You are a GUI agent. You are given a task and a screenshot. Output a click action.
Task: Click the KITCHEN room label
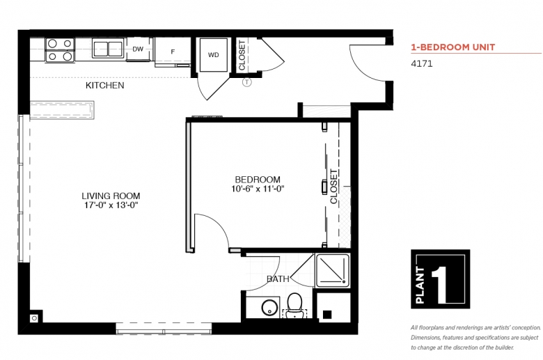click(105, 85)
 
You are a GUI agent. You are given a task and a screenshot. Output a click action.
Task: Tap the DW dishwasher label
click(138, 49)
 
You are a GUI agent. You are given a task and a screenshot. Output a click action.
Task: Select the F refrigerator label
click(173, 52)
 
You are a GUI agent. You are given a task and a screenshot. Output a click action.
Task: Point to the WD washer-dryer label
click(213, 55)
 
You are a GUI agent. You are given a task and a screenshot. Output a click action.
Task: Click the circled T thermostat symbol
click(247, 82)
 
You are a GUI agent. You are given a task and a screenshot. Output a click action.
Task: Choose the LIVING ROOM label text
click(111, 196)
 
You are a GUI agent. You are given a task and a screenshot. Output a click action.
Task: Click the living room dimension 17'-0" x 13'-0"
click(111, 205)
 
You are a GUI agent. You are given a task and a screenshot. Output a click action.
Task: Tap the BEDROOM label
click(258, 180)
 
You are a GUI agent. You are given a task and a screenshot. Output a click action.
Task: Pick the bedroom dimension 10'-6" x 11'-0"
click(258, 189)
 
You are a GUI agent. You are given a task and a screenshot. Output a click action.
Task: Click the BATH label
click(278, 279)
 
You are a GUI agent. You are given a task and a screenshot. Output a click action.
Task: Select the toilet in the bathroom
click(294, 306)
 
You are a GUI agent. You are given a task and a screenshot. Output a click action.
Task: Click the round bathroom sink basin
click(270, 307)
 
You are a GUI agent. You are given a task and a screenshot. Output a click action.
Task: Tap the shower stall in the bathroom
click(333, 271)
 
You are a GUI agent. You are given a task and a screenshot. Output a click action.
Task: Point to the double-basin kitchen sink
click(108, 48)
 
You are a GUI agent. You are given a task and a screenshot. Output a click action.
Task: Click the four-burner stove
click(60, 49)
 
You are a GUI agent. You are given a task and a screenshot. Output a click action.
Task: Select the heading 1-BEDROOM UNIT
click(453, 47)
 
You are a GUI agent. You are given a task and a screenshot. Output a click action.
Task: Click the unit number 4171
click(421, 64)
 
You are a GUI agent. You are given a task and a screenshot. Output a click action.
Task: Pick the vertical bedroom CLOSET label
click(333, 187)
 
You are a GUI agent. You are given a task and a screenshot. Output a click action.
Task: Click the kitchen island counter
click(62, 110)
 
